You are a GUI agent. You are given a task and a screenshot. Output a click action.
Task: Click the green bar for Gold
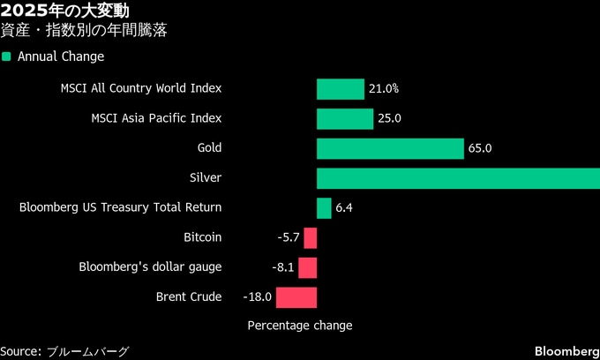[390, 148]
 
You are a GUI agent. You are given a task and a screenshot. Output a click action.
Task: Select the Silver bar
[458, 178]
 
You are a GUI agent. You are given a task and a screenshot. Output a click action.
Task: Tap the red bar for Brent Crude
[296, 297]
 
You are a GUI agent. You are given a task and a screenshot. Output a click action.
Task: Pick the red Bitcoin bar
[311, 237]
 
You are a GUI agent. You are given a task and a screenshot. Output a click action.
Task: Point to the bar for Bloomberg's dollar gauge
[308, 267]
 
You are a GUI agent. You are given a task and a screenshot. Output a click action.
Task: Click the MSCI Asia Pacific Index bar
[345, 118]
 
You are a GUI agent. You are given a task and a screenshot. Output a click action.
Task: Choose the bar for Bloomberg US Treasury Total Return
[324, 208]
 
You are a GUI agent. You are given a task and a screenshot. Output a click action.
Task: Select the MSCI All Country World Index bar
[341, 89]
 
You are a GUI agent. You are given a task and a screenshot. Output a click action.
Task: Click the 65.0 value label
[480, 148]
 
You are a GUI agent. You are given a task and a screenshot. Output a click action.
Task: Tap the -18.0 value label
[257, 297]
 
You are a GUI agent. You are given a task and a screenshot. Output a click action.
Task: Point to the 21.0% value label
[385, 89]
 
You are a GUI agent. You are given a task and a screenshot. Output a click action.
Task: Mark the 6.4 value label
[344, 208]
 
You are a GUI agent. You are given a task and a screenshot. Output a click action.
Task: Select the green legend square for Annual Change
[6, 56]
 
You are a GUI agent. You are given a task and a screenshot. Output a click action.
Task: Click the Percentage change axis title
[299, 326]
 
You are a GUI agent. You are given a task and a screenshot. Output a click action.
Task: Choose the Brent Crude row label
[189, 297]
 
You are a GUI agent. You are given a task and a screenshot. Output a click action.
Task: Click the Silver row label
[206, 178]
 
